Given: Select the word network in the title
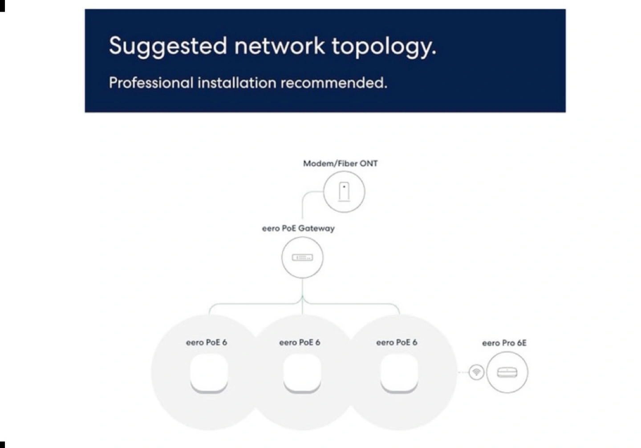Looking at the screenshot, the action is (280, 45).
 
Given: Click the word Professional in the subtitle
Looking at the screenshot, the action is (151, 83).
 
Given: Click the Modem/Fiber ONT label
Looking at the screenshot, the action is (340, 164).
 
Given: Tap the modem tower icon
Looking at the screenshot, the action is (344, 192).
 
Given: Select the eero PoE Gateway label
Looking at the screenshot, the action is (298, 228).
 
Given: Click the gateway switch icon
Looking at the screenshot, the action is (303, 258).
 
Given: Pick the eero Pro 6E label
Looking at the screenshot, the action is (504, 343).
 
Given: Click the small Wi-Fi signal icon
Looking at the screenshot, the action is (476, 372).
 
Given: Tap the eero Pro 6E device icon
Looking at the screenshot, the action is (507, 372).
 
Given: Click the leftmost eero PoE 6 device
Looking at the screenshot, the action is (209, 373).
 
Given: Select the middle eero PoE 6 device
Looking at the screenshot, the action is (302, 373).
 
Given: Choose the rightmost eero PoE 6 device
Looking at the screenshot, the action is (399, 373).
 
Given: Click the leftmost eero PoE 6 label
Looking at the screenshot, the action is (207, 342).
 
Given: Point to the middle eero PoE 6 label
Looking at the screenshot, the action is (300, 342).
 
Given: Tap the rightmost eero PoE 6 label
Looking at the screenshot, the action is (397, 342).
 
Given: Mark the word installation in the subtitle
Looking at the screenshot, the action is (237, 83).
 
